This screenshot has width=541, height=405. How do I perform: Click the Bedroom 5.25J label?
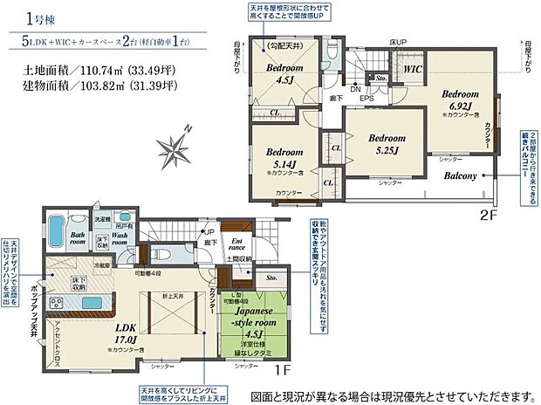[x=386, y=144]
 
